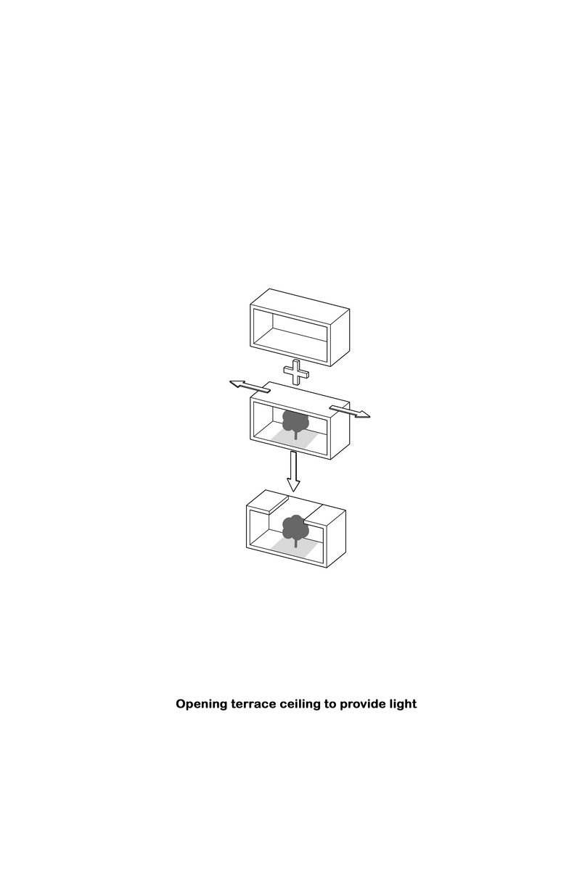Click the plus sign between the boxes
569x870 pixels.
click(296, 372)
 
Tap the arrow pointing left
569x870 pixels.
click(250, 386)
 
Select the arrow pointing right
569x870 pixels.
click(350, 412)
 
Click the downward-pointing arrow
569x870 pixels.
click(293, 471)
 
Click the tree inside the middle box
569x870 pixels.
click(295, 423)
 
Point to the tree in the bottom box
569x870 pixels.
click(295, 530)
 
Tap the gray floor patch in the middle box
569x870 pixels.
click(295, 438)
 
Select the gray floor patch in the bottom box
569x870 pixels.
click(295, 546)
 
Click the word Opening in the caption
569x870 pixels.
click(201, 705)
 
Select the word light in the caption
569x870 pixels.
click(404, 705)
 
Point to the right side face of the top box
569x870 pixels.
click(340, 337)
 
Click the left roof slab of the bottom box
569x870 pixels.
click(267, 502)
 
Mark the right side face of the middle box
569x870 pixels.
click(340, 431)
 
